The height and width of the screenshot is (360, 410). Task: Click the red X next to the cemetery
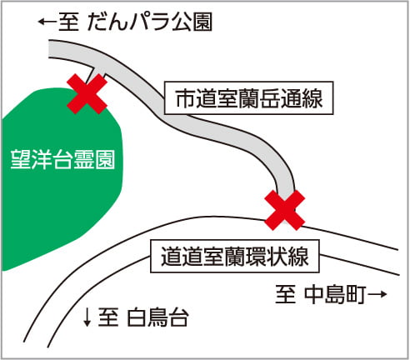pyautogui.click(x=87, y=94)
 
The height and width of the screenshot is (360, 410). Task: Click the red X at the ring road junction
pyautogui.click(x=285, y=210)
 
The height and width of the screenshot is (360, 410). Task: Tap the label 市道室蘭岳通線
pyautogui.click(x=249, y=97)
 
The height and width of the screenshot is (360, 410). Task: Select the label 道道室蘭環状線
pyautogui.click(x=235, y=256)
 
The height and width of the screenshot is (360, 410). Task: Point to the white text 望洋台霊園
pyautogui.click(x=62, y=159)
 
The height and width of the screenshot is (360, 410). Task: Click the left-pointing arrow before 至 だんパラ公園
pyautogui.click(x=47, y=22)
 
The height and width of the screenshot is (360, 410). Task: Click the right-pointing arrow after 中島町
pyautogui.click(x=377, y=294)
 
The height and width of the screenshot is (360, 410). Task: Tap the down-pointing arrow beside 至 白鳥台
pyautogui.click(x=87, y=317)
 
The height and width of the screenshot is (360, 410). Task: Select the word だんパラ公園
pyautogui.click(x=150, y=22)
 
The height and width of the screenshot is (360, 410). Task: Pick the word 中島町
pyautogui.click(x=335, y=294)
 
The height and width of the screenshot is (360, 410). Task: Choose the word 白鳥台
pyautogui.click(x=158, y=317)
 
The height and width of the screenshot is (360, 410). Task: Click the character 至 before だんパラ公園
pyautogui.click(x=68, y=22)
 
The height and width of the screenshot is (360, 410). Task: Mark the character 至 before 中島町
pyautogui.click(x=285, y=294)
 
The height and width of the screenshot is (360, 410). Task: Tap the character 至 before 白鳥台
pyautogui.click(x=108, y=317)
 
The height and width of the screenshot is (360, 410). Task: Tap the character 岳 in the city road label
pyautogui.click(x=269, y=97)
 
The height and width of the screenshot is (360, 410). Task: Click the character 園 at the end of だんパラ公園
pyautogui.click(x=203, y=22)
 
